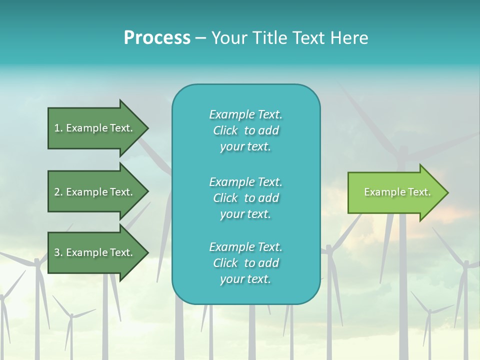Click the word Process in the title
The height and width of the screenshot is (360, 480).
click(157, 37)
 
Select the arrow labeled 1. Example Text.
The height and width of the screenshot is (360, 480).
click(95, 128)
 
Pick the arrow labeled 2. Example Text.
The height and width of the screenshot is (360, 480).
click(95, 192)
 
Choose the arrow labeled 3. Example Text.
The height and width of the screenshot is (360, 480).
click(95, 252)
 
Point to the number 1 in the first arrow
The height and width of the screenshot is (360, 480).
click(57, 128)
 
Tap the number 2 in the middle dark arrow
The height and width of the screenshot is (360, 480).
click(57, 192)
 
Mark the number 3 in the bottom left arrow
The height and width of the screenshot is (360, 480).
click(57, 252)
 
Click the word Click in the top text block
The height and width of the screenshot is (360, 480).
click(225, 130)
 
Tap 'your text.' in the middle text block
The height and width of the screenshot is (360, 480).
click(245, 214)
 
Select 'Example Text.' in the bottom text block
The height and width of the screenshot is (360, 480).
click(245, 246)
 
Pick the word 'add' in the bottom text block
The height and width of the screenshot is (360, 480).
click(268, 263)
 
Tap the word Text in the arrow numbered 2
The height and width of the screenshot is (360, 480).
click(120, 192)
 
